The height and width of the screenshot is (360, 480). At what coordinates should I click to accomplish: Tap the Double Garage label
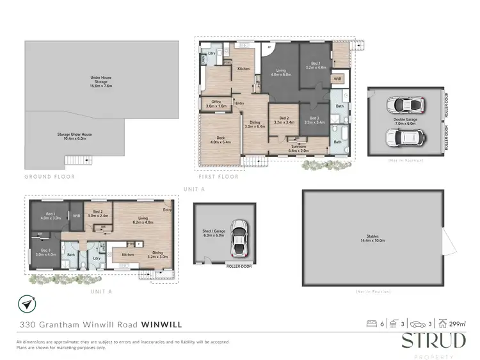click(406, 120)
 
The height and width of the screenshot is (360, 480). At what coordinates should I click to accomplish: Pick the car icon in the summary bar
click(417, 324)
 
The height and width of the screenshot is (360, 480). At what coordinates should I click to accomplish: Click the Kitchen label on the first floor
click(244, 69)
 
